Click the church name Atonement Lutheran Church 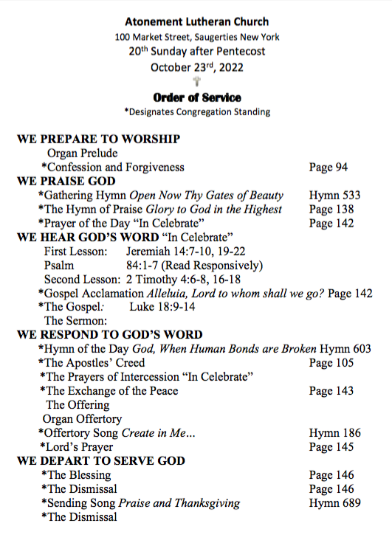196,22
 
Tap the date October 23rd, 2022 196,67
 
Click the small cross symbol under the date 196,82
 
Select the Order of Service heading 196,97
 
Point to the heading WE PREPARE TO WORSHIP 99,139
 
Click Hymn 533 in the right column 334,196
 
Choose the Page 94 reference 328,167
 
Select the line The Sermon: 76,321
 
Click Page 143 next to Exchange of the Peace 331,391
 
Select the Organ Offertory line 82,419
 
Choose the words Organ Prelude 82,153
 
